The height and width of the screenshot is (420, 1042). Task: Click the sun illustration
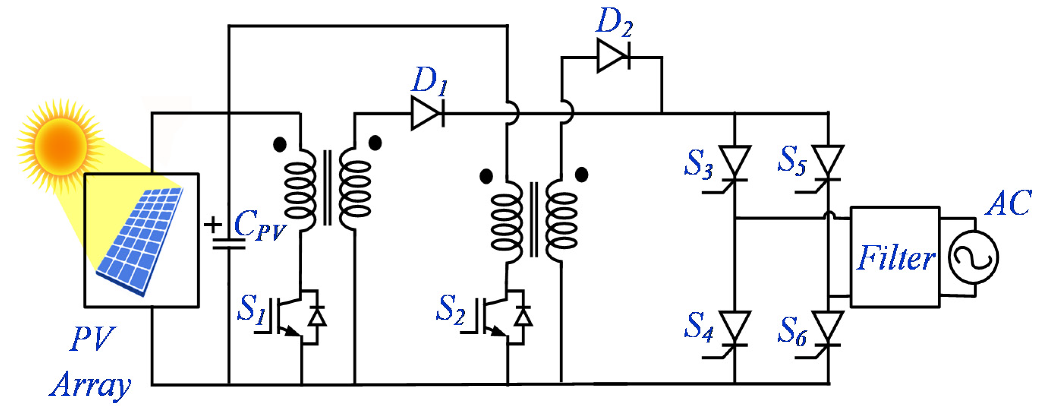61,146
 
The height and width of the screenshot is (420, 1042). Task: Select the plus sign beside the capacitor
213,224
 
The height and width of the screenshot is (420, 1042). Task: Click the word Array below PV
90,385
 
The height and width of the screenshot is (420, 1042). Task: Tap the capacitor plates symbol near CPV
229,243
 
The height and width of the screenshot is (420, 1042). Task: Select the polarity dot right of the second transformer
582,175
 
